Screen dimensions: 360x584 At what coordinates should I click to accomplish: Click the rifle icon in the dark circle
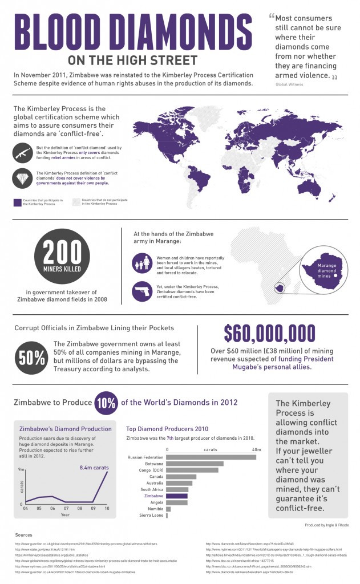pyautogui.click(x=23, y=153)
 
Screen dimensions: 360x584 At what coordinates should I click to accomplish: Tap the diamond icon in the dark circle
pyautogui.click(x=23, y=179)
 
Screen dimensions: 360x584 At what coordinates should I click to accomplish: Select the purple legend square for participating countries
pyautogui.click(x=17, y=202)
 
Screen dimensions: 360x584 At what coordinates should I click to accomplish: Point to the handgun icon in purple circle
pyautogui.click(x=141, y=291)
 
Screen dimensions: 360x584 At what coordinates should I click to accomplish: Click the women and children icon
pyautogui.click(x=141, y=263)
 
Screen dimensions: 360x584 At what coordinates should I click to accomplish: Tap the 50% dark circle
pyautogui.click(x=32, y=358)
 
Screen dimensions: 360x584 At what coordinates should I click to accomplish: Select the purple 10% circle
pyautogui.click(x=106, y=402)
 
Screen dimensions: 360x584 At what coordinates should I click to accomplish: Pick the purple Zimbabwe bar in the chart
pyautogui.click(x=177, y=496)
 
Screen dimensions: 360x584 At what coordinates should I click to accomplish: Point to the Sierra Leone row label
pyautogui.click(x=151, y=515)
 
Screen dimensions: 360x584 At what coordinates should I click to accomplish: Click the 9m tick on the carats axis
pyautogui.click(x=21, y=469)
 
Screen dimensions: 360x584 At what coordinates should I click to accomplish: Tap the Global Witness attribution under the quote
pyautogui.click(x=289, y=84)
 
